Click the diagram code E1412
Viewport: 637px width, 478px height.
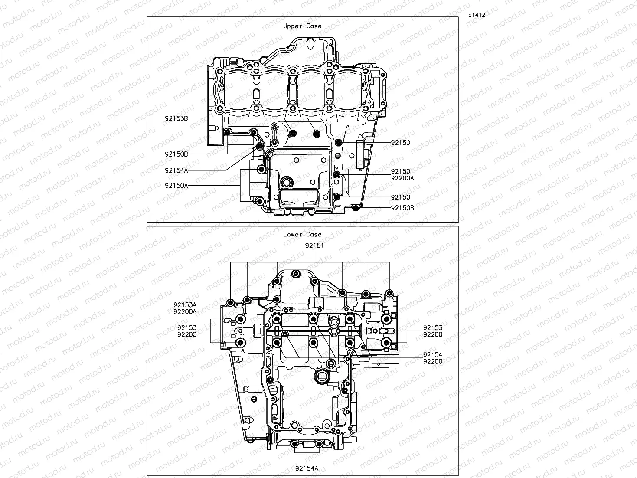(477, 15)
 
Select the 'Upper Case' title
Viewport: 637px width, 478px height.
(302, 26)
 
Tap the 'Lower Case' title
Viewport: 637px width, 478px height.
(302, 234)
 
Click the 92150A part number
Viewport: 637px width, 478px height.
(176, 185)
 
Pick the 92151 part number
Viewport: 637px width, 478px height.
(314, 245)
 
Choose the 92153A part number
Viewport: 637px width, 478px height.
(185, 305)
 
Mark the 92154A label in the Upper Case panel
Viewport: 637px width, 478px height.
(176, 170)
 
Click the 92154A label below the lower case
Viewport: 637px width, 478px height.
(307, 468)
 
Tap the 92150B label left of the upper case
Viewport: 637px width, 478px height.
(176, 154)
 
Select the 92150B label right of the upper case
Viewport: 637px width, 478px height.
(402, 208)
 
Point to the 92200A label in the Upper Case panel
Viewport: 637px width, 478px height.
(402, 178)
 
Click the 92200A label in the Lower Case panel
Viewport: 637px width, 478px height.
(185, 311)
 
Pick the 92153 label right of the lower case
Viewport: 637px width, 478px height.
(433, 328)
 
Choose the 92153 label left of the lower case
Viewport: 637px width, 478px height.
(186, 328)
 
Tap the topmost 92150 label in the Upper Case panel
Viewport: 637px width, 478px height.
(400, 143)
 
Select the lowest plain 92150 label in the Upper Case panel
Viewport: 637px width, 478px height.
(400, 197)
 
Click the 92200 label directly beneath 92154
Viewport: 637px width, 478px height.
(433, 361)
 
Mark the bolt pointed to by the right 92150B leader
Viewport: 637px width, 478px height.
(356, 209)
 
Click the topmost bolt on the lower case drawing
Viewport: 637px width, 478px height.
(296, 274)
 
